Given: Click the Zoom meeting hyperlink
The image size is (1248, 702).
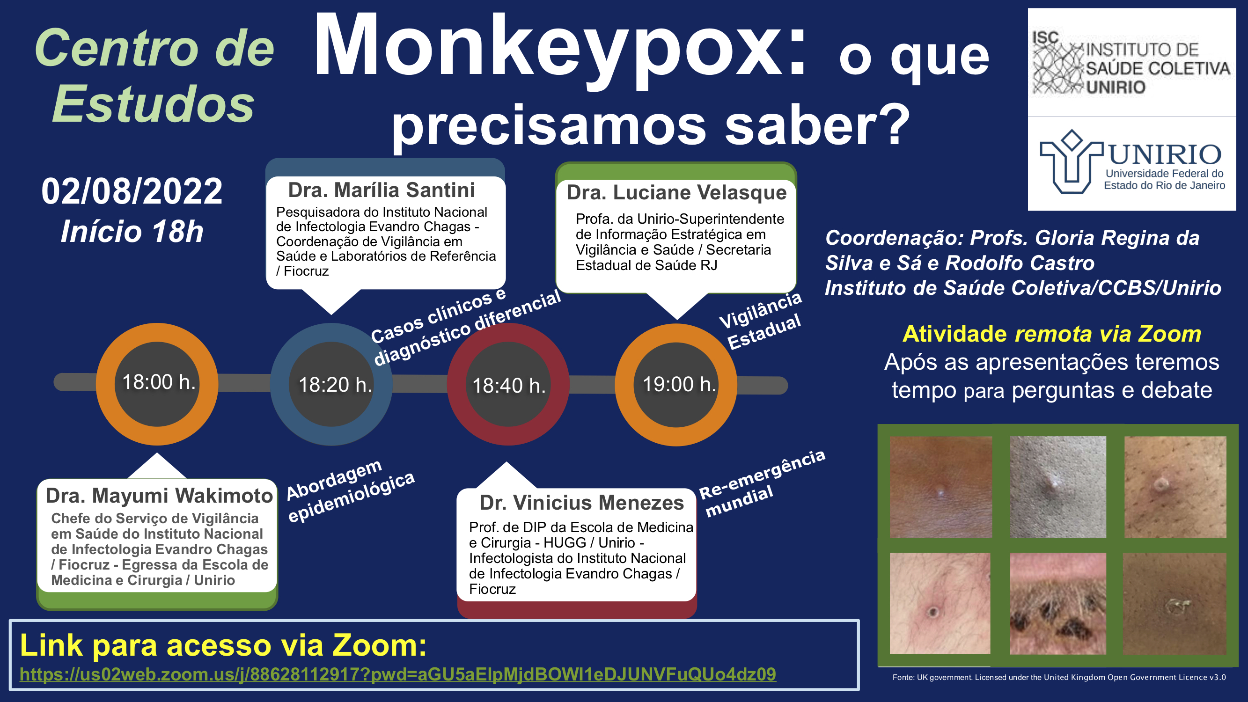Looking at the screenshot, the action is (398, 674).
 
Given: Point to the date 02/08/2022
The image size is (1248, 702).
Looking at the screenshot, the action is (132, 191).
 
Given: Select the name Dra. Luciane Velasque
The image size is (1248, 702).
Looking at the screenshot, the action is (676, 192).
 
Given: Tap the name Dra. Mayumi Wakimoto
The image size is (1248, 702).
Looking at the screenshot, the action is (159, 496).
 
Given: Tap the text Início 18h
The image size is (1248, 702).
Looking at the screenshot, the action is (132, 232).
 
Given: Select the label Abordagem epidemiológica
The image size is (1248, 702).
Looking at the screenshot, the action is (350, 490).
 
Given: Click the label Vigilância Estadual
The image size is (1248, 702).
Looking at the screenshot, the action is (760, 320).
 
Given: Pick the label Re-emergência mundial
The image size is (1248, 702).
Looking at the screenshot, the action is (762, 483).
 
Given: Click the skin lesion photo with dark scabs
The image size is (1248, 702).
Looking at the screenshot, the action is (1057, 603).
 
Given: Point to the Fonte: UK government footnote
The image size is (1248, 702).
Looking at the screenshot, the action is (1059, 677).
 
